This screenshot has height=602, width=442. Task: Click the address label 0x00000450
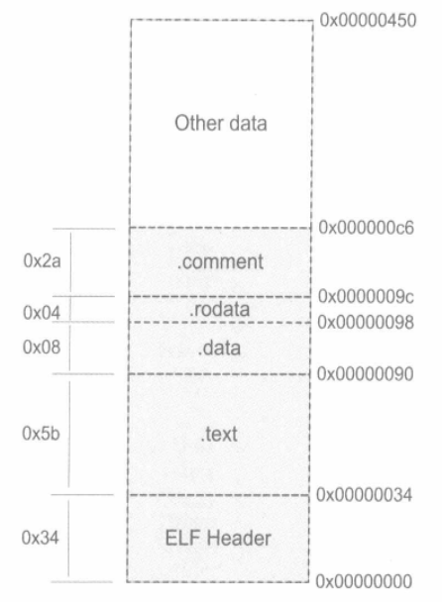368,20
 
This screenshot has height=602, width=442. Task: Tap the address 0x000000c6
367,228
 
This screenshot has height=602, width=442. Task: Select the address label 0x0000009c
366,296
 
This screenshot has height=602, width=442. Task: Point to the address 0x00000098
366,322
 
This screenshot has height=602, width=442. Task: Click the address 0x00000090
365,373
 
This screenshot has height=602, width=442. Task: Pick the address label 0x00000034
364,494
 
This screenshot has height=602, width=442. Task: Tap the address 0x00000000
364,581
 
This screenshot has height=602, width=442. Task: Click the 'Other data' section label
221,123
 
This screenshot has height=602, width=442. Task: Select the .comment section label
220,261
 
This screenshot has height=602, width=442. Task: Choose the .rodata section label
219,309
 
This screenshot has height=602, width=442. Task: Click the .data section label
219,348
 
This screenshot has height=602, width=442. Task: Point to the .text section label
219,435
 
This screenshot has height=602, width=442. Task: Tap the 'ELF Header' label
218,538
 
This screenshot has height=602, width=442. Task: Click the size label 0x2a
42,261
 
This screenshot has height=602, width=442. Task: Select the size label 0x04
42,313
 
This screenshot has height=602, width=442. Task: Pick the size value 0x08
42,348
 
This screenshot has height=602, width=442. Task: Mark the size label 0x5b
41,434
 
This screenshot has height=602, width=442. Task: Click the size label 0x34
40,538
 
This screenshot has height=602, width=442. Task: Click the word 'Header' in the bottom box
239,538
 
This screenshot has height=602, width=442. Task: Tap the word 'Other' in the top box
194,123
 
